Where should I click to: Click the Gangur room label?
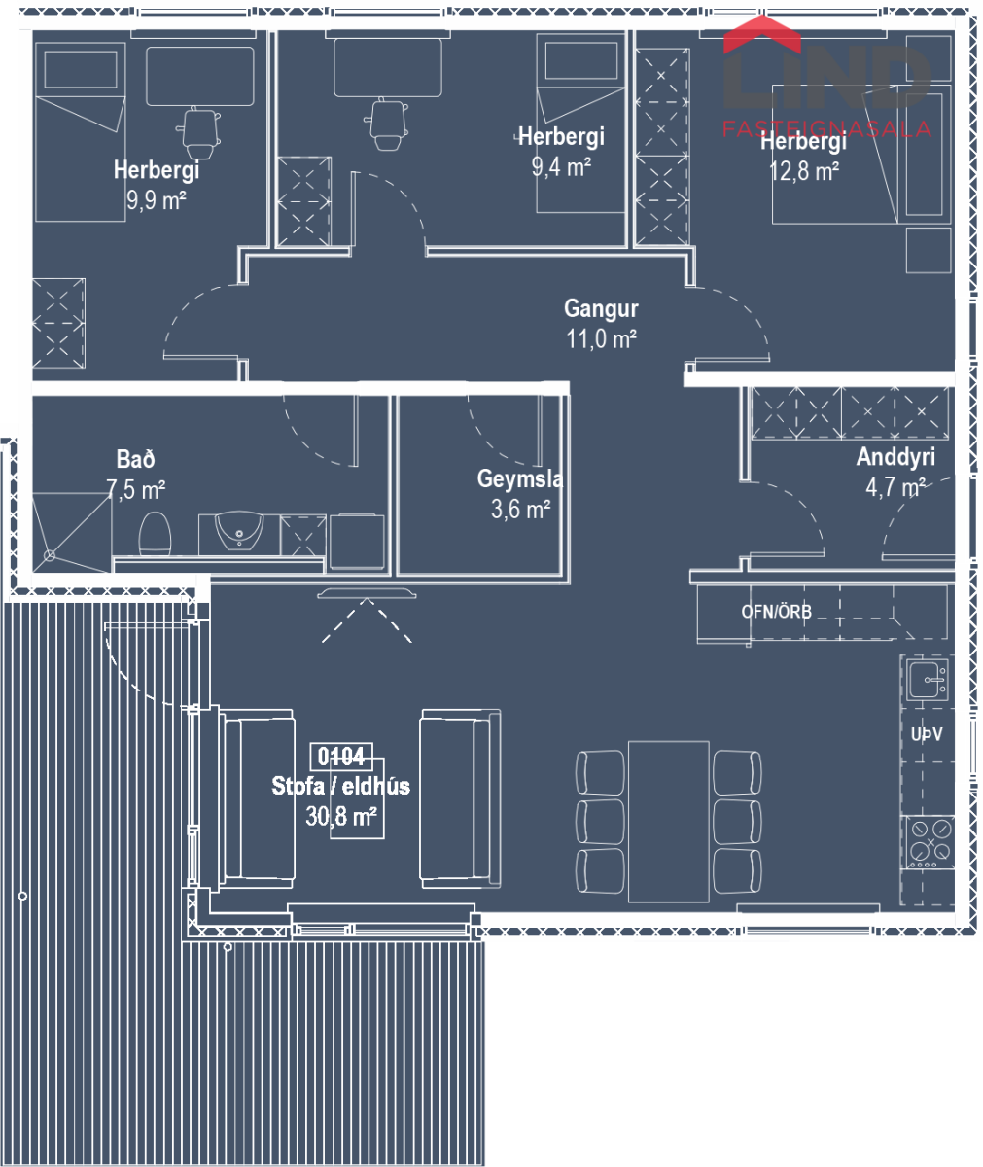601,309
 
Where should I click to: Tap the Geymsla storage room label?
520,479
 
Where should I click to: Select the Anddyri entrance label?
895,457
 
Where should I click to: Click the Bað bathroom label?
135,459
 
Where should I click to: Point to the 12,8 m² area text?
804,171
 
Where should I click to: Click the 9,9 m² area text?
156,200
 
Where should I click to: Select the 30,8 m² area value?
341,817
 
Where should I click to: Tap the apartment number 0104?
341,757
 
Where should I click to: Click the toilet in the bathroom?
155,534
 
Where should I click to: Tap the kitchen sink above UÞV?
927,680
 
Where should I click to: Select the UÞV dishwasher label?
927,734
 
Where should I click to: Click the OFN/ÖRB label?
776,612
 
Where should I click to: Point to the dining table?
668,821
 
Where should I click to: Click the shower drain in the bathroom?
50,555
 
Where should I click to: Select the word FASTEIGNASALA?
826,129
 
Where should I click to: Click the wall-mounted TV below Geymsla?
367,593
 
